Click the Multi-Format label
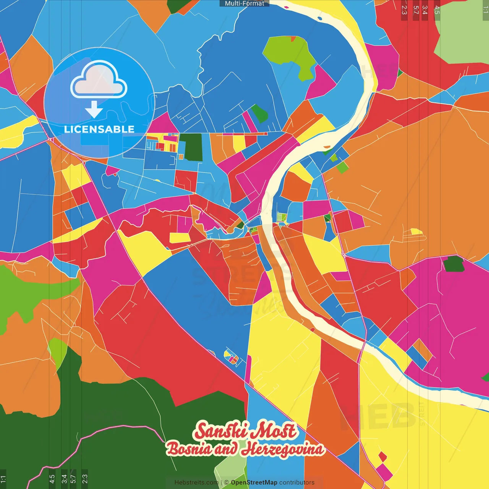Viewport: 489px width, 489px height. point(244,3)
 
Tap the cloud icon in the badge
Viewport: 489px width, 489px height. point(99,80)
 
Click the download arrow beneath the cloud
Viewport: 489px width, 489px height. point(94,109)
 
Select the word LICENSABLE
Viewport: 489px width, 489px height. point(99,129)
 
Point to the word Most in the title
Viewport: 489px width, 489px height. point(275,431)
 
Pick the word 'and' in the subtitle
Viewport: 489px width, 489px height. point(226,449)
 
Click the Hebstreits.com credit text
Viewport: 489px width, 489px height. point(196,483)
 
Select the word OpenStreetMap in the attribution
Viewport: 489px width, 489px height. point(254,483)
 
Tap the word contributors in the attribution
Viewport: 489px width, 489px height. point(297,483)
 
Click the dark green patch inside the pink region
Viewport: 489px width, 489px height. point(454,264)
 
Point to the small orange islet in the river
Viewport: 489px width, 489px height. point(327,146)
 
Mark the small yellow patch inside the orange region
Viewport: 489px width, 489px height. point(416,232)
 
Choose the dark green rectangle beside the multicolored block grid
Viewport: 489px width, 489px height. point(191,147)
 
